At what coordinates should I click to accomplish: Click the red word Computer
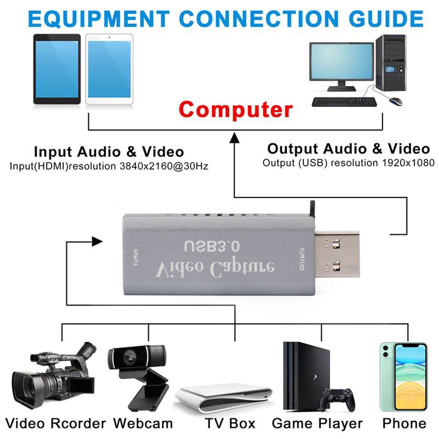pos(235,109)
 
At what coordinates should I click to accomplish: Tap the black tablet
pos(57,69)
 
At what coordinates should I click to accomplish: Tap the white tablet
pos(109,69)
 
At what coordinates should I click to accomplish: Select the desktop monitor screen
pos(341,61)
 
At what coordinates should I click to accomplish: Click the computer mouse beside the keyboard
pos(396,101)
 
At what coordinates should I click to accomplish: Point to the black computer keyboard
pos(344,102)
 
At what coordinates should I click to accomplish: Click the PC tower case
pos(391,63)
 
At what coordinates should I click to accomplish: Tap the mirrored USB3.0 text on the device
pos(212,246)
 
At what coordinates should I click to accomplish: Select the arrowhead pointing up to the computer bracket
pos(234,137)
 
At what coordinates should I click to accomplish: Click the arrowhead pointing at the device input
pos(97,242)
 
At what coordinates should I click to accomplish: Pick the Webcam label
pos(143,423)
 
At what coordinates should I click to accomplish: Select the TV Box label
pos(230,423)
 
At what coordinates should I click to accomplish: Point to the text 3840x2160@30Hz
pos(164,166)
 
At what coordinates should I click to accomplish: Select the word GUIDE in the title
pos(386,19)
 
